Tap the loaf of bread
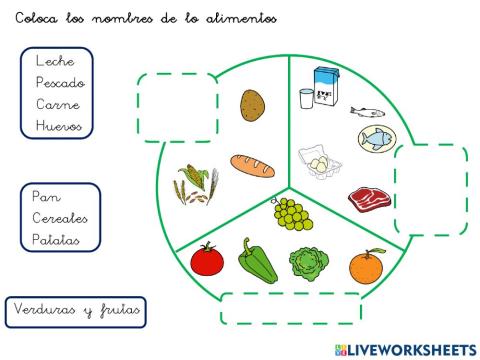(251, 165)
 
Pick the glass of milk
(305, 98)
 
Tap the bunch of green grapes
(288, 212)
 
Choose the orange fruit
(364, 266)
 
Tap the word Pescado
(59, 83)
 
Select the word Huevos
(58, 126)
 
